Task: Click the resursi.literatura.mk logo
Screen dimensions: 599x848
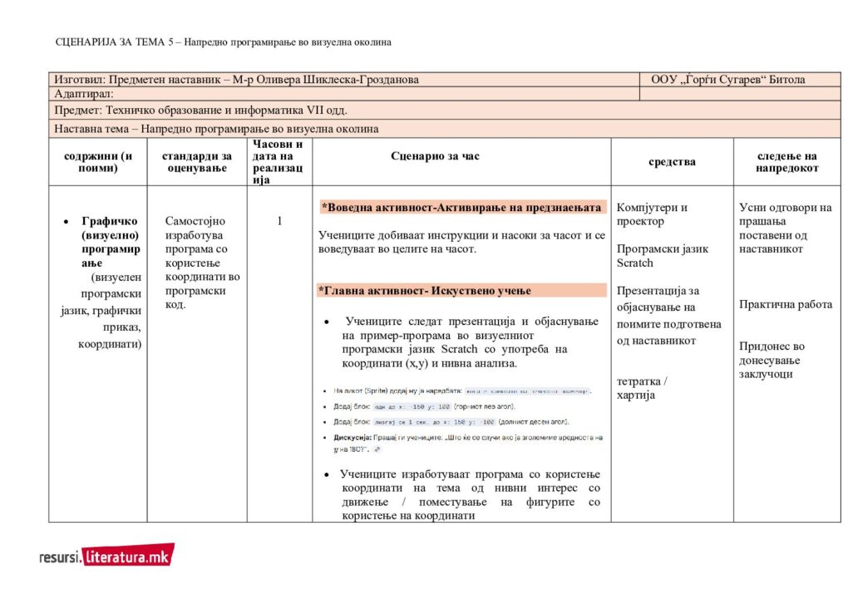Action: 106,556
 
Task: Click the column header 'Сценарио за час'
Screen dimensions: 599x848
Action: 435,156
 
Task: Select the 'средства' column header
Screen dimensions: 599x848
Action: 672,162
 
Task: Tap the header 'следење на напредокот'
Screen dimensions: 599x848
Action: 786,162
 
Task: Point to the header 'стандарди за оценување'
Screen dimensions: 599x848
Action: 197,162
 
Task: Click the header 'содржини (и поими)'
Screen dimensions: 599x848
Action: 98,162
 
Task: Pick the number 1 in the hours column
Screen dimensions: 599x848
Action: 279,221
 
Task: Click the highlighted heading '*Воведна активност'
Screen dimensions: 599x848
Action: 463,207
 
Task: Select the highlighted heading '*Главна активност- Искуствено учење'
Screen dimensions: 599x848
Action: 425,290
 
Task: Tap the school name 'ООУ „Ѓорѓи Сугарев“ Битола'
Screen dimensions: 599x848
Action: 727,80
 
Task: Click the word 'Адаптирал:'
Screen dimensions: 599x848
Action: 84,94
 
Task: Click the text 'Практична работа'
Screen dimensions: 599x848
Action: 786,304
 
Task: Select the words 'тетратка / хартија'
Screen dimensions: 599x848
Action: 642,388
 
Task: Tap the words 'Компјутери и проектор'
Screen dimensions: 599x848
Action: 652,214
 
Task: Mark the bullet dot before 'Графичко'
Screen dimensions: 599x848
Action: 66,222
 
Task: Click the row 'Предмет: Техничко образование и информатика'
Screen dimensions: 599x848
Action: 200,110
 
